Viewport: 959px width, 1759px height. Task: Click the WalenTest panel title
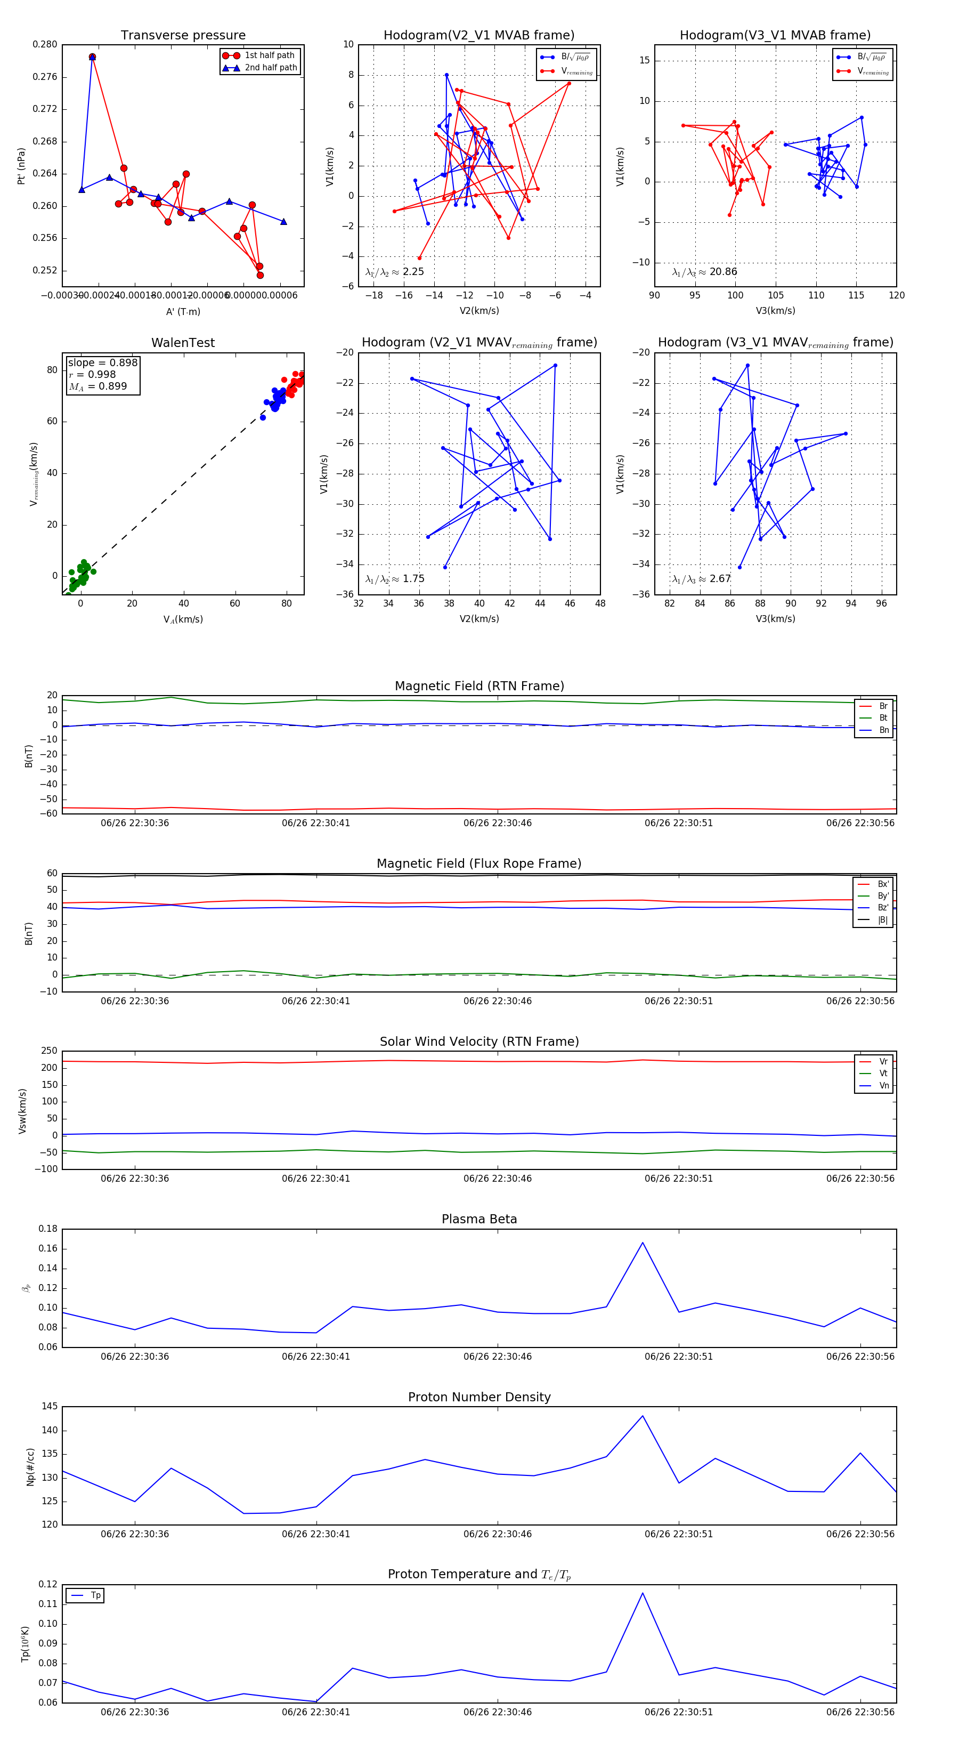[183, 343]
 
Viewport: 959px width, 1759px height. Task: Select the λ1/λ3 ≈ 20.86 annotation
[704, 272]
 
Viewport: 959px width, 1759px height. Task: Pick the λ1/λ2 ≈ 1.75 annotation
[394, 579]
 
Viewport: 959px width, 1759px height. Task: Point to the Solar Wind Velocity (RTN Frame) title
[479, 1042]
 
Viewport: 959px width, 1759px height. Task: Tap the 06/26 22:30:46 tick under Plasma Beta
[497, 1357]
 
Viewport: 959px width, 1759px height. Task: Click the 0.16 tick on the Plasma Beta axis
[48, 1249]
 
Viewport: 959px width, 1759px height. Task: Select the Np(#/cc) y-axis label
[30, 1467]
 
